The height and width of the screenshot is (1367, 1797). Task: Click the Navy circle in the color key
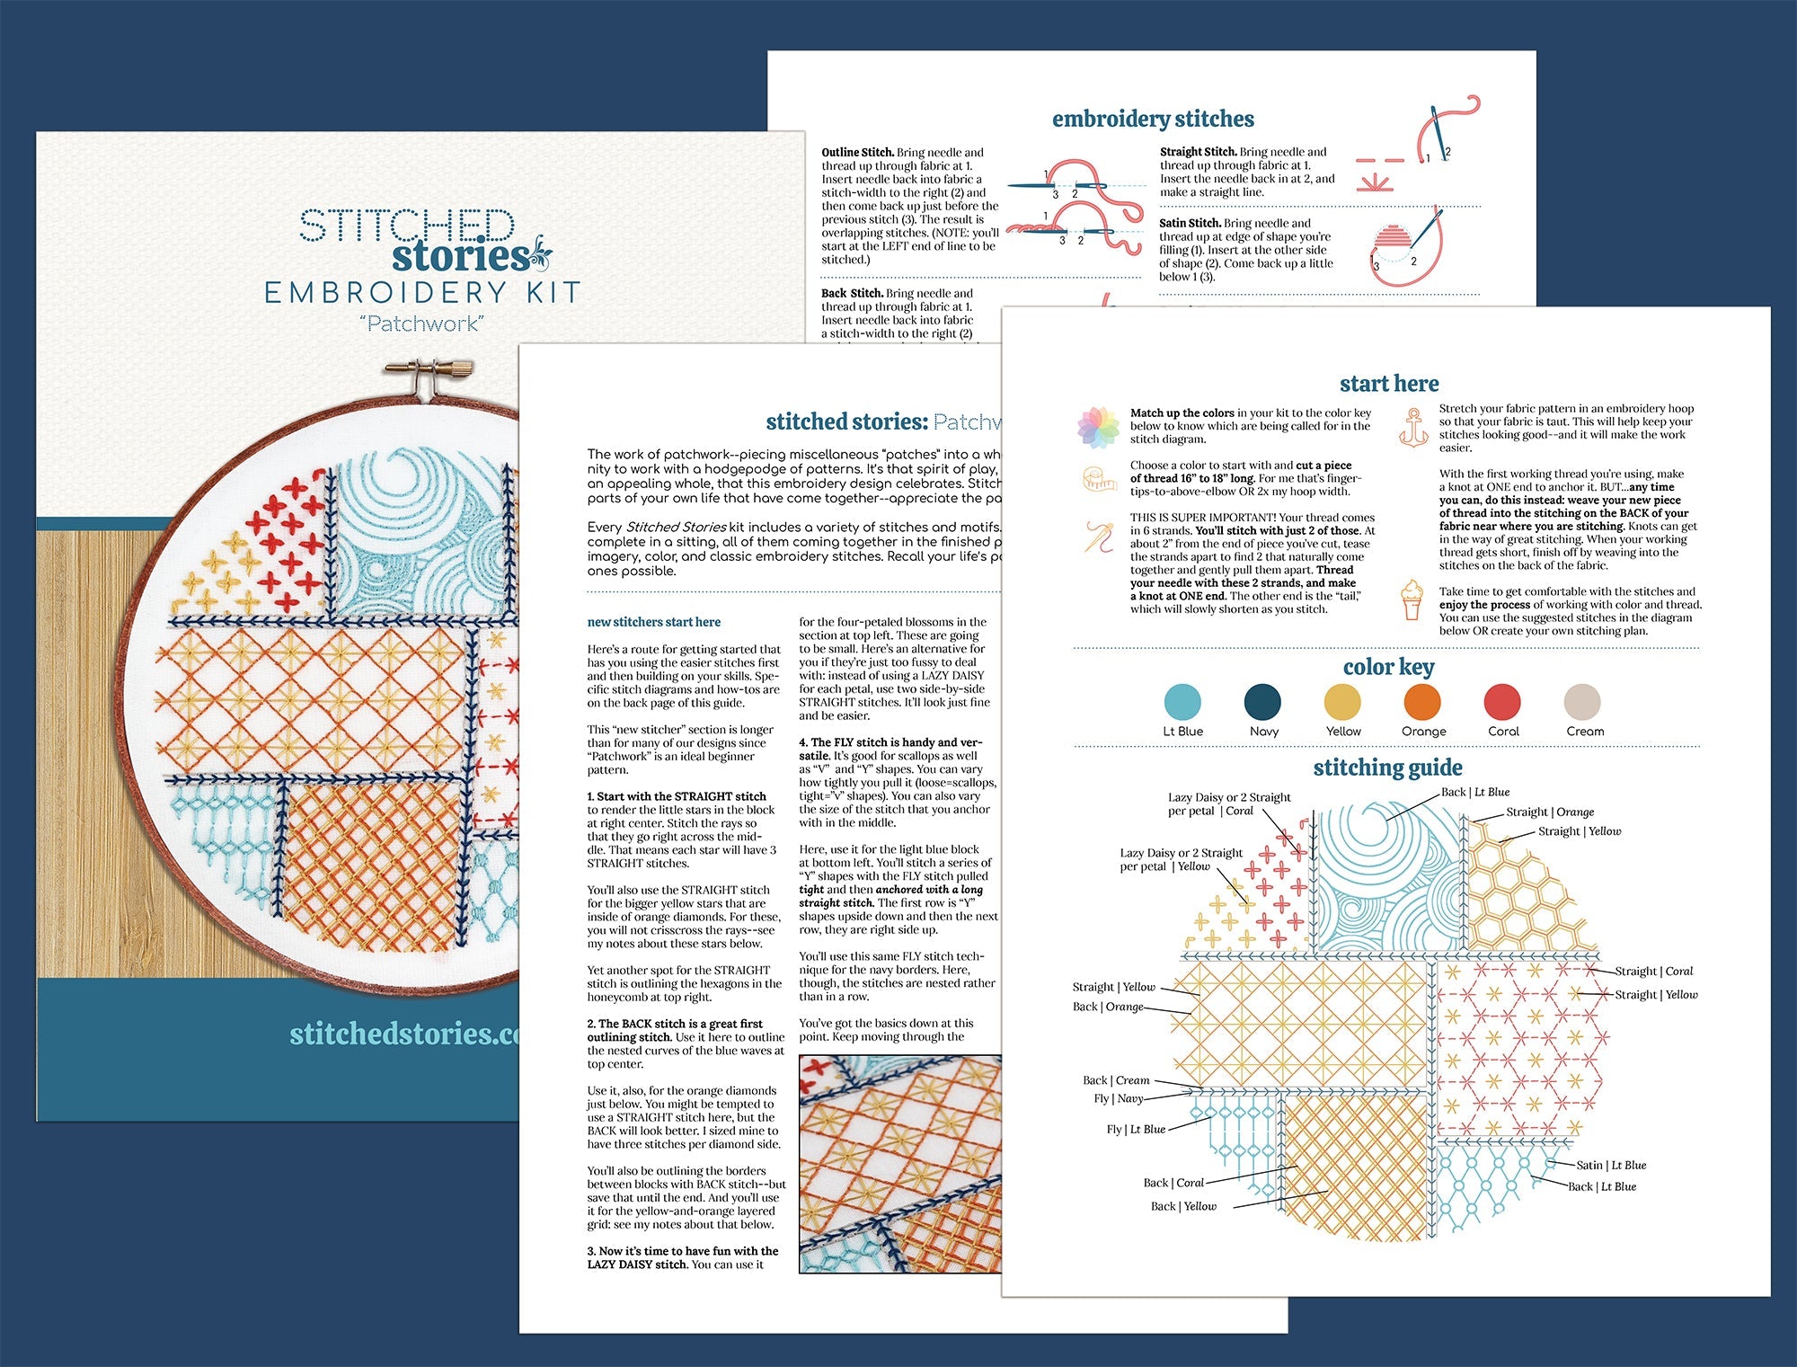tap(1262, 702)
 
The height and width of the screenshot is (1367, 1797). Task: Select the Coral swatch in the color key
tap(1502, 702)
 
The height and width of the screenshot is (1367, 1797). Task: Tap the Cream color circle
tap(1582, 702)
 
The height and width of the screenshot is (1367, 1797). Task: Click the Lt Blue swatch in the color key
tap(1182, 702)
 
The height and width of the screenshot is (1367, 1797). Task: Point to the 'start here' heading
tap(1388, 384)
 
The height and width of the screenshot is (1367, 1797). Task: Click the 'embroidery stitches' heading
tap(1153, 119)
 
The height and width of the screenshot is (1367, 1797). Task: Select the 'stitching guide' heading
tap(1387, 767)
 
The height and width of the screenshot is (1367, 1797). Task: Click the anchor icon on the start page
tap(1412, 426)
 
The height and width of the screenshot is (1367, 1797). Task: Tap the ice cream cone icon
tap(1412, 599)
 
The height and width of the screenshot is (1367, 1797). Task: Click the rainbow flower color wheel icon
tap(1098, 427)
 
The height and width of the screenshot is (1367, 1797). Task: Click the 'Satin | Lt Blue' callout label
tap(1611, 1165)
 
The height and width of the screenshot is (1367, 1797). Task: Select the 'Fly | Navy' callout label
tap(1118, 1098)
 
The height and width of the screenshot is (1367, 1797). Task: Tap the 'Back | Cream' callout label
tap(1115, 1080)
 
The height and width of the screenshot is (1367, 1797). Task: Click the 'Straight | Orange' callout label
tap(1550, 812)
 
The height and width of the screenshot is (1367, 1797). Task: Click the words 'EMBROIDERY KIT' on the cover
tap(422, 293)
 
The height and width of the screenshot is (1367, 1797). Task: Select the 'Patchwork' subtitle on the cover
tap(422, 324)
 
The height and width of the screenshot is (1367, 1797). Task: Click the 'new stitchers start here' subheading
tap(653, 622)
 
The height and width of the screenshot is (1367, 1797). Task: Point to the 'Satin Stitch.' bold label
tap(1190, 223)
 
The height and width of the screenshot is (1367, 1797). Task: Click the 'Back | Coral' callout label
tap(1173, 1183)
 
